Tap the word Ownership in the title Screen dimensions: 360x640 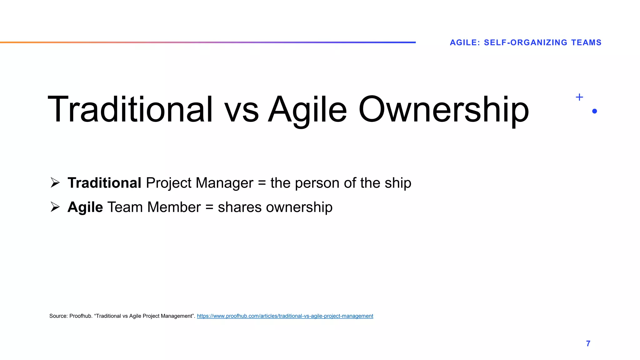coord(443,109)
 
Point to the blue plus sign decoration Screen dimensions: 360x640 coord(579,97)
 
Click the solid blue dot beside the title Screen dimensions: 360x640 coord(594,111)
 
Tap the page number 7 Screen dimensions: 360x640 coord(588,343)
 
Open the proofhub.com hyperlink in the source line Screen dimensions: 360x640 coord(285,316)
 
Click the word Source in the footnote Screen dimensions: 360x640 coord(58,316)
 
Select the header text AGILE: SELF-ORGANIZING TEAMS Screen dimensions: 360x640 coord(526,42)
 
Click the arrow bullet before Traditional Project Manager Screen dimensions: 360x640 coord(55,182)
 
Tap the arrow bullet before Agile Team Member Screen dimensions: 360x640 coord(55,207)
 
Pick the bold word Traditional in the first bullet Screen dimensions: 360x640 coord(104,183)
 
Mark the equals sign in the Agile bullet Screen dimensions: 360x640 coord(209,207)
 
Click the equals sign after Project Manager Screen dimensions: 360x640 coord(262,183)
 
